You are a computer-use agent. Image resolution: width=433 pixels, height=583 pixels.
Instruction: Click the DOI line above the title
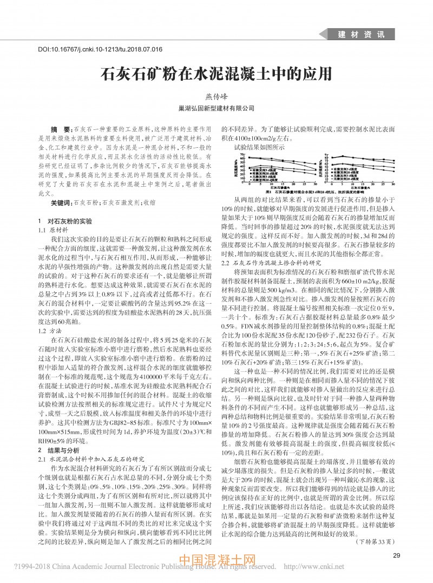pyautogui.click(x=100, y=49)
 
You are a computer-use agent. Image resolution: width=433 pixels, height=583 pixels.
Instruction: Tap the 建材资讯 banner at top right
pyautogui.click(x=361, y=34)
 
